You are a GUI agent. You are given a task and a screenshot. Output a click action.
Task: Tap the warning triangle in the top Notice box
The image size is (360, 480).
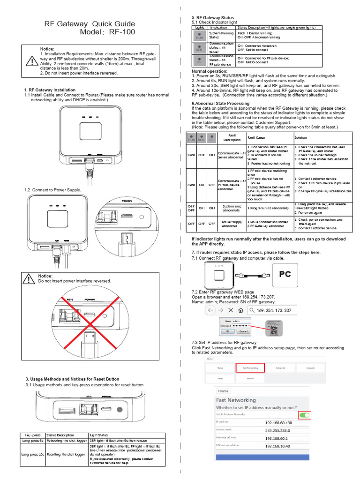click(x=31, y=62)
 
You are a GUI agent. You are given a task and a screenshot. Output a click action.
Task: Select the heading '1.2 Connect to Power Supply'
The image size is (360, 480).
click(x=52, y=190)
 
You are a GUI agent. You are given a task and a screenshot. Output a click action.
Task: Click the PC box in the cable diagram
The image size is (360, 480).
click(x=285, y=275)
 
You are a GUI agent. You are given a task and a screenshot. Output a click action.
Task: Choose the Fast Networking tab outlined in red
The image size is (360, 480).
click(x=250, y=368)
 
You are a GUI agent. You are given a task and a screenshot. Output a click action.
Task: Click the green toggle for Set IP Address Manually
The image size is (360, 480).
click(x=304, y=415)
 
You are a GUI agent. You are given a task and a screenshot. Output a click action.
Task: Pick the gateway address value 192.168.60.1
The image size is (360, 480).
click(x=278, y=438)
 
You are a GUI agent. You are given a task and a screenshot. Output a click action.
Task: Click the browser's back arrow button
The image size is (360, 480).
click(x=210, y=311)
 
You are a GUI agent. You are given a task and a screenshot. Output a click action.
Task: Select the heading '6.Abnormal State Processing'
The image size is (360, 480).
click(x=220, y=103)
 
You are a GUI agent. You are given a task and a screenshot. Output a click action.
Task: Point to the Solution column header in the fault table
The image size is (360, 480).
click(x=300, y=138)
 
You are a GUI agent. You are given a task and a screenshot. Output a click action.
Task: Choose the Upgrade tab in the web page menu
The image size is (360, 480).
click(x=310, y=368)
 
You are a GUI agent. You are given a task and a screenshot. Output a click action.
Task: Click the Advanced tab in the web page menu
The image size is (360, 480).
click(x=280, y=368)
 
